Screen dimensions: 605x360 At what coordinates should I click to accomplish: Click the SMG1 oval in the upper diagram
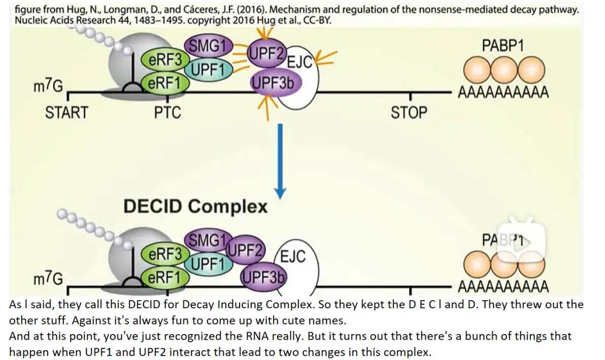pos(209,46)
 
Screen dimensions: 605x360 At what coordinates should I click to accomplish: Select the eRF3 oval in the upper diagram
pos(165,60)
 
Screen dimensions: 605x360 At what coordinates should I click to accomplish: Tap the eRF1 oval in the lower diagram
pos(165,277)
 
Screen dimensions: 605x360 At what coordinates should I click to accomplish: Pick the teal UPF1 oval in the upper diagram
pos(209,70)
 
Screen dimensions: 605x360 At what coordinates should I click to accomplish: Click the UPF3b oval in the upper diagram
pos(272,82)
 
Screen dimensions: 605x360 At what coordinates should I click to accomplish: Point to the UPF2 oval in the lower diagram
pos(245,250)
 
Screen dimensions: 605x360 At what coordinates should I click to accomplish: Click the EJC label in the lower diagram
pos(293,256)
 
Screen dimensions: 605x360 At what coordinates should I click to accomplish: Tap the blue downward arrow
pos(280,161)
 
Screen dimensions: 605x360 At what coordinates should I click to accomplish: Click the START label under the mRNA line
pos(66,113)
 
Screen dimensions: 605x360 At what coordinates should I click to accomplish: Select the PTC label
pos(167,113)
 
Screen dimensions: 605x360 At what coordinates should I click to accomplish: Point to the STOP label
pos(409,113)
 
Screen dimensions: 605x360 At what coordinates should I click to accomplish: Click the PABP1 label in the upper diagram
pos(503,46)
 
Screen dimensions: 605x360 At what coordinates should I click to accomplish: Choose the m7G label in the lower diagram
pos(48,278)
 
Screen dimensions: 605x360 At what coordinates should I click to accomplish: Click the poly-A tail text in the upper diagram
pos(503,92)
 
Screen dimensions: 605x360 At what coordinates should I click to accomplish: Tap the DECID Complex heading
pos(195,206)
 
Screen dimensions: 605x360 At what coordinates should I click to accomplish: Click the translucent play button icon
pos(521,241)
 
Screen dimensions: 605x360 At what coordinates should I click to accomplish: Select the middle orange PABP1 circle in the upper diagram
pos(504,70)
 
